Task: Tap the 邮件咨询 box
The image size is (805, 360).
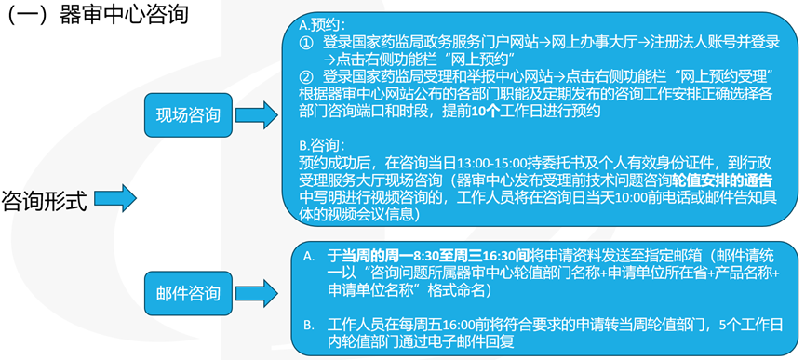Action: (189, 295)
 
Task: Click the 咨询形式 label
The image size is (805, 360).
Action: (45, 200)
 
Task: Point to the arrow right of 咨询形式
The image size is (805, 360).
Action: (115, 197)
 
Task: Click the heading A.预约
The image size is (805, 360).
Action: (320, 25)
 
